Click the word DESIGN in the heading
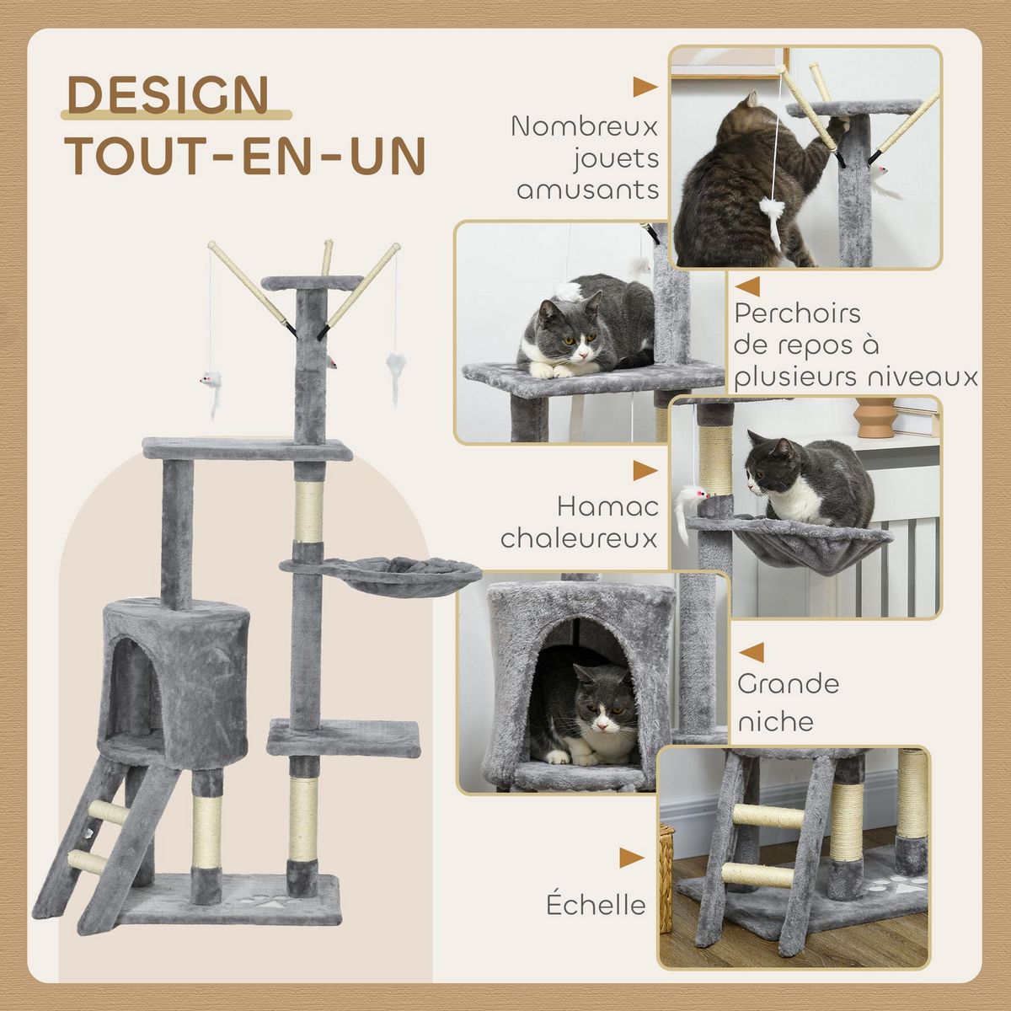[x=168, y=94]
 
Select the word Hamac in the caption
[x=607, y=506]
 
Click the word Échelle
[x=596, y=905]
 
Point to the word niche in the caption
[x=775, y=721]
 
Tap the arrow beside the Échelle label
[x=631, y=858]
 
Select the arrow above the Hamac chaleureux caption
[x=645, y=470]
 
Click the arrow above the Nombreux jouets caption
[x=645, y=87]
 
